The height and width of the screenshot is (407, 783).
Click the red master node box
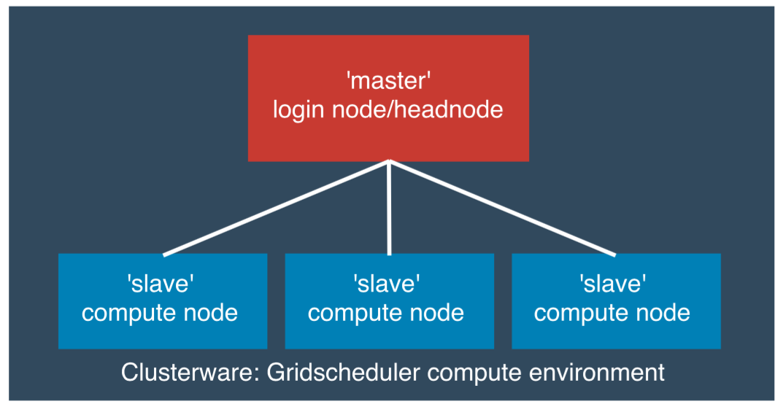[x=388, y=139]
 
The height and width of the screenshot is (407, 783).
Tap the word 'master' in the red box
[x=388, y=78]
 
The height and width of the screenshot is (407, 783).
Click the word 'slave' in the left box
[x=160, y=282]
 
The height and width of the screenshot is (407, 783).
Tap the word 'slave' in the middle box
[x=387, y=282]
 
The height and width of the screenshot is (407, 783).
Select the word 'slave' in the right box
[x=613, y=282]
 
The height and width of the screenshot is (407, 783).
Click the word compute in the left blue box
[x=128, y=313]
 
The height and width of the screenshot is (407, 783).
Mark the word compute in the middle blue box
[x=355, y=313]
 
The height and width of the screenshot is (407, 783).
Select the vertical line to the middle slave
[x=389, y=212]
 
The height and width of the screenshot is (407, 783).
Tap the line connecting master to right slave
[x=502, y=209]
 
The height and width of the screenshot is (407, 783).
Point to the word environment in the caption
[x=594, y=372]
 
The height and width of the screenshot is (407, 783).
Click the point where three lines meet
[x=389, y=163]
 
